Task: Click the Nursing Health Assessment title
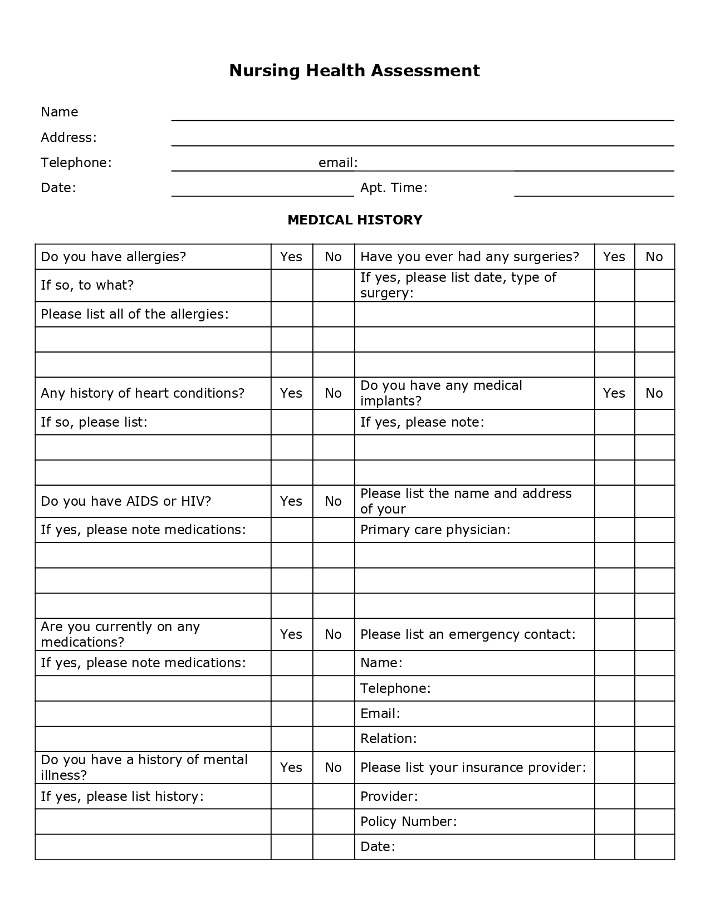click(x=354, y=71)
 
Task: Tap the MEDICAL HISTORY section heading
click(x=355, y=220)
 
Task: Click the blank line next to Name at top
click(x=422, y=114)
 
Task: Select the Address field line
click(x=422, y=139)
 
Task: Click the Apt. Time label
click(x=394, y=188)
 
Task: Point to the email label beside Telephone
click(x=337, y=163)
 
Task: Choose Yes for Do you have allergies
click(x=291, y=257)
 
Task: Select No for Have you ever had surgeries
click(x=654, y=257)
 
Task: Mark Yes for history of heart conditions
click(x=291, y=393)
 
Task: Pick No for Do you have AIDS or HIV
click(x=333, y=501)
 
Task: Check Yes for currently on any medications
click(x=291, y=634)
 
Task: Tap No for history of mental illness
click(x=333, y=768)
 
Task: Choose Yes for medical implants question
click(x=614, y=393)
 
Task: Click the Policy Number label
click(x=408, y=822)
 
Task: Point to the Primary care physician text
click(x=435, y=530)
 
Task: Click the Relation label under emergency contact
click(x=388, y=739)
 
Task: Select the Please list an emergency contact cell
click(x=467, y=634)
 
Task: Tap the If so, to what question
click(x=87, y=285)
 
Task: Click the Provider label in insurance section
click(x=389, y=796)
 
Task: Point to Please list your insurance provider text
click(x=473, y=768)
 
